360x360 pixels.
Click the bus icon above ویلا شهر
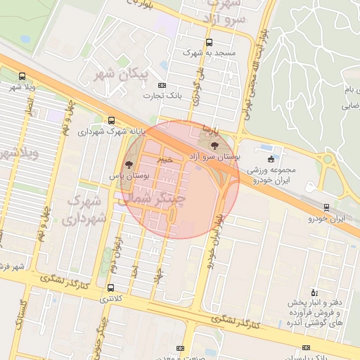(22, 76)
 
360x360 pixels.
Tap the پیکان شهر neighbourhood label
(124, 73)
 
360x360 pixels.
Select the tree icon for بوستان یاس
(127, 163)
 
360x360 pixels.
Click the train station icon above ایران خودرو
(326, 207)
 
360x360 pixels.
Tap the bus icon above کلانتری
(110, 288)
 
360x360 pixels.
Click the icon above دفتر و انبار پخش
(314, 292)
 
